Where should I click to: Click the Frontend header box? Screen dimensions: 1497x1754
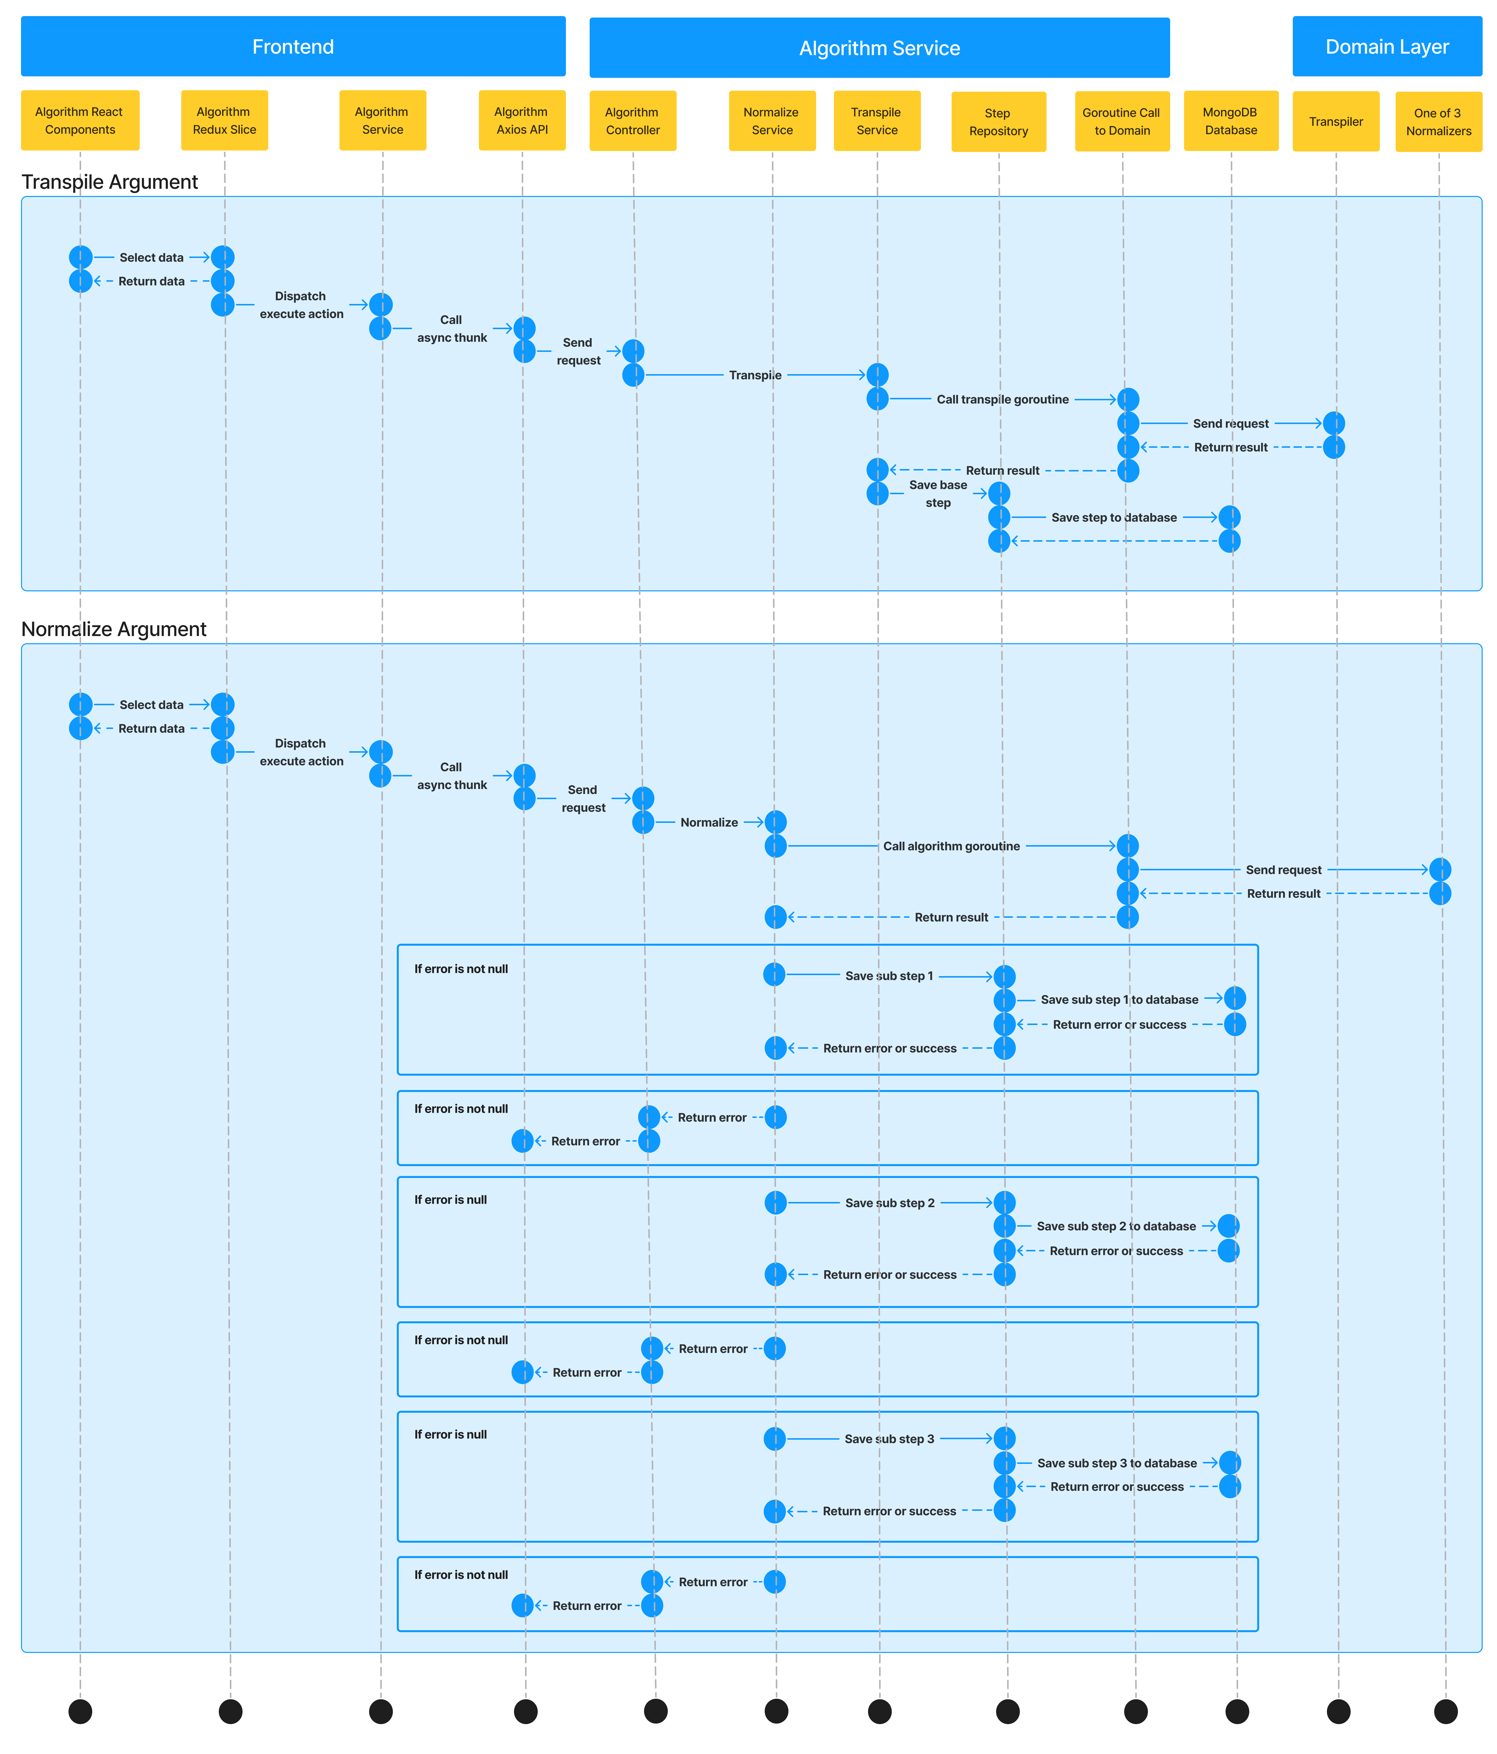point(293,46)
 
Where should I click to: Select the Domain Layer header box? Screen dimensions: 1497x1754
point(1387,46)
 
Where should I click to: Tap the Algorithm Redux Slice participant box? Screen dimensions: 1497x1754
point(224,120)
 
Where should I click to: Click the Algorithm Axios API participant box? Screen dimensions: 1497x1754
point(522,120)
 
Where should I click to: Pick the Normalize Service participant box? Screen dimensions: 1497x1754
point(772,121)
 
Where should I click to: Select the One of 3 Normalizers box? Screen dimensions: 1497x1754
point(1439,122)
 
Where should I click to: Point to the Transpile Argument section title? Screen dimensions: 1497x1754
point(110,182)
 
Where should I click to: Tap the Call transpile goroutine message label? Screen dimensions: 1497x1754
point(1003,400)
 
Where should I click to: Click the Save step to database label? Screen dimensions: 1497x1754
point(1114,517)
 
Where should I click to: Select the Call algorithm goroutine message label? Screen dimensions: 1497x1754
point(952,846)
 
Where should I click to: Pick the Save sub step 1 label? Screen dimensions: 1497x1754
point(889,976)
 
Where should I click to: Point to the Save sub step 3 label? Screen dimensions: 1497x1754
point(889,1439)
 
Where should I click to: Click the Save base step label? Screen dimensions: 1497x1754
point(938,493)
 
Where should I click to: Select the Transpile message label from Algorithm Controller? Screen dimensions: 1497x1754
point(755,375)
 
